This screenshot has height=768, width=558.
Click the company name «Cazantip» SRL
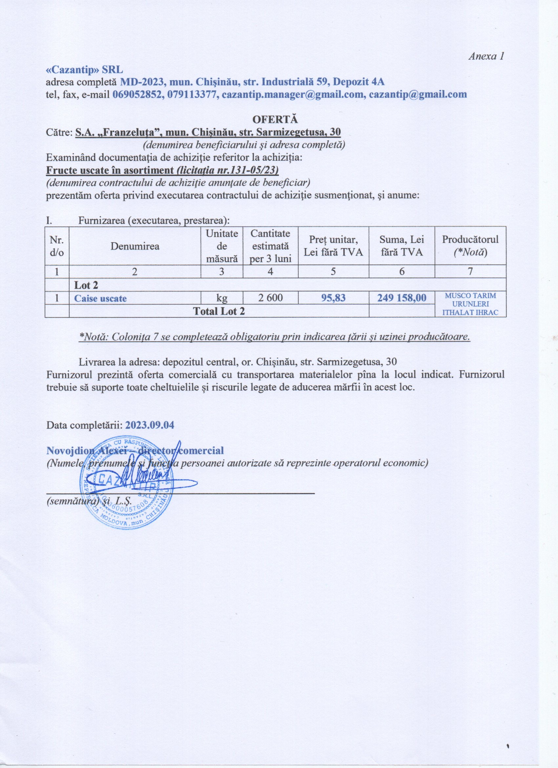(85, 70)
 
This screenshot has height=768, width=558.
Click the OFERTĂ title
(275, 119)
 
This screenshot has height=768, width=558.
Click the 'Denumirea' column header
(135, 246)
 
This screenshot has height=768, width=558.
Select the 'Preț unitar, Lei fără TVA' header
(333, 246)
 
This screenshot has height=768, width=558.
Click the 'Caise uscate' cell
(100, 298)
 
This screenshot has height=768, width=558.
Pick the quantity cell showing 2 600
(270, 298)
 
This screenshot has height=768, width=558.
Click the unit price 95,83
(333, 298)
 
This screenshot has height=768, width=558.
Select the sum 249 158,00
(401, 298)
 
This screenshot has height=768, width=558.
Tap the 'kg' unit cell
(222, 298)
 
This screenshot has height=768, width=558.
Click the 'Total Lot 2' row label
(218, 311)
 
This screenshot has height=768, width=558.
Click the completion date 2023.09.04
(150, 425)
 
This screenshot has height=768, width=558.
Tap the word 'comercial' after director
(203, 451)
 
